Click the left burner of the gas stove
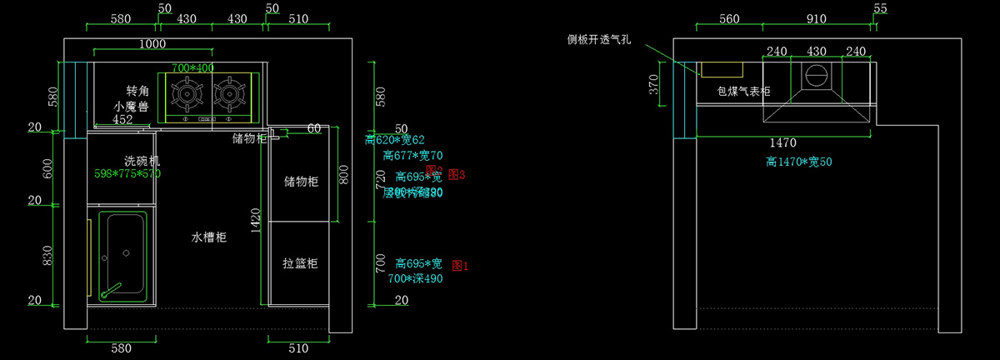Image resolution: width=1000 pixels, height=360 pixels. [x=189, y=95]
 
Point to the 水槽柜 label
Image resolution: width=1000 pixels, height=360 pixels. [x=209, y=237]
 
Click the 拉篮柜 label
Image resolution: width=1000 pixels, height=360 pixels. [x=300, y=263]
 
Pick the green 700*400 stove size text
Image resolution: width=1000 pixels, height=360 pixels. [x=192, y=68]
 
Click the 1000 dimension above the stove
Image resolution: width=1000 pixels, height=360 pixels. [x=152, y=43]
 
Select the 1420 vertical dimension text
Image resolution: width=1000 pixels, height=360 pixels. [x=257, y=217]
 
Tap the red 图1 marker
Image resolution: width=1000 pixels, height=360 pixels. [x=460, y=266]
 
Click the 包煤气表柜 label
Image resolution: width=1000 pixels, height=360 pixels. [x=743, y=91]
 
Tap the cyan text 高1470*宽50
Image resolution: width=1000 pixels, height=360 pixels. [x=799, y=161]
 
